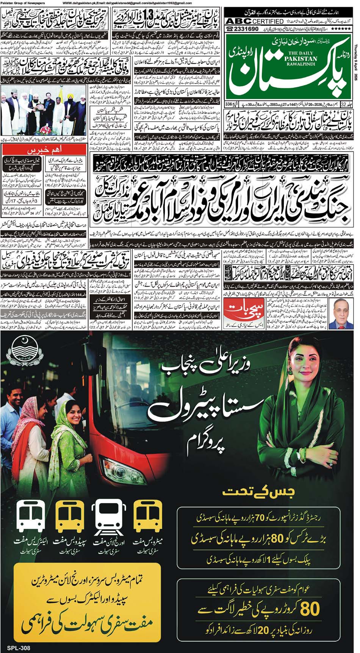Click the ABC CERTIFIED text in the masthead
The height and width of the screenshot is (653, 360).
click(x=255, y=21)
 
